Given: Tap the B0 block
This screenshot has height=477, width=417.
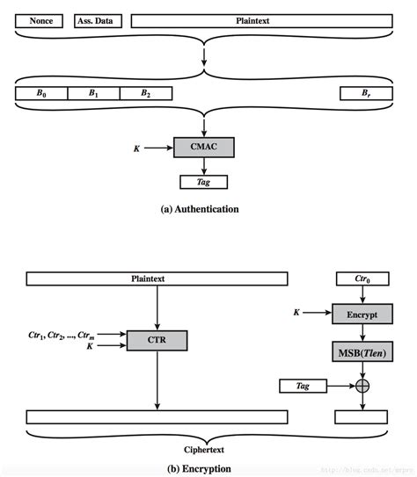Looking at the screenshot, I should tap(41, 91).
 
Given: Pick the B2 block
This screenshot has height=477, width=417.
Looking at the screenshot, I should tap(144, 91).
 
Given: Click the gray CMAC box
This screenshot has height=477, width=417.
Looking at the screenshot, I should tap(203, 148).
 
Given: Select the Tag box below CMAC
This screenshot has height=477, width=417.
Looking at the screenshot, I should tap(203, 182).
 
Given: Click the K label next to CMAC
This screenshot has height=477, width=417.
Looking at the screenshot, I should tap(135, 148).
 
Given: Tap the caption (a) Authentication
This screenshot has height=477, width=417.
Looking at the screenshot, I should tap(203, 209).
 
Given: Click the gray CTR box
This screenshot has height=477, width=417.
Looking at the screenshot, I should tap(157, 340).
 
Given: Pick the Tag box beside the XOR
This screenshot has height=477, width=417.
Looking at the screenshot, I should tap(303, 385).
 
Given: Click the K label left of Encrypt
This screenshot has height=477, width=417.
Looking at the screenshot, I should tap(296, 313).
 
